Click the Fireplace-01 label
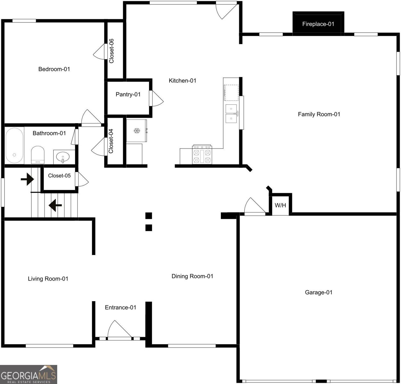click(318, 24)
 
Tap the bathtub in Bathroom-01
click(14, 145)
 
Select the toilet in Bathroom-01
click(38, 155)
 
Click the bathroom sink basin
click(63, 157)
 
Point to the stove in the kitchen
click(202, 154)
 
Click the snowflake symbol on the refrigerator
click(137, 131)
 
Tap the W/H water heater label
click(280, 205)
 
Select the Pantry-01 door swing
click(156, 99)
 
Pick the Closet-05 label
click(59, 175)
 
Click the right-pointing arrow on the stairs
click(27, 179)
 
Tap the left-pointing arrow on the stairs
click(55, 205)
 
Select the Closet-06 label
click(111, 51)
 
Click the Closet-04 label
click(111, 141)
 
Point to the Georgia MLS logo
click(29, 374)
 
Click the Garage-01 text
click(319, 292)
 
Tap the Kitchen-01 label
click(182, 81)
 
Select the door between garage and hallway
click(255, 206)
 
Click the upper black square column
click(149, 216)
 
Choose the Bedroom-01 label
click(54, 69)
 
